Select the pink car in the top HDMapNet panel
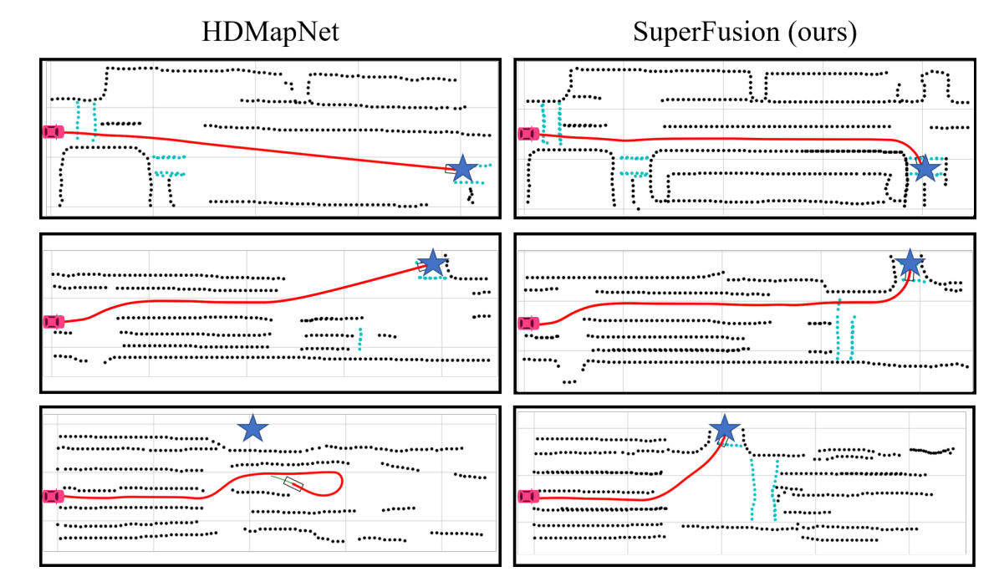pos(53,131)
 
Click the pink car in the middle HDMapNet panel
pos(53,321)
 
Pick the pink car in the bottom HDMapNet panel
pos(53,497)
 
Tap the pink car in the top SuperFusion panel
pos(528,134)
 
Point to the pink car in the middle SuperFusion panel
pos(528,323)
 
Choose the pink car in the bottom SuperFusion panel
pos(528,497)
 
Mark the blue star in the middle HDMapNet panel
pos(432,262)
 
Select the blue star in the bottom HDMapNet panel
pos(252,429)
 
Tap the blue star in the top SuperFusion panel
pos(925,169)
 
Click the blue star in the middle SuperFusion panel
pos(910,264)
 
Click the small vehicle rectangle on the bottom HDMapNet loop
pos(293,483)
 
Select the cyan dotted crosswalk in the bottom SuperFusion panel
pos(763,489)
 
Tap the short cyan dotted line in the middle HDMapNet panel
pos(360,339)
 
